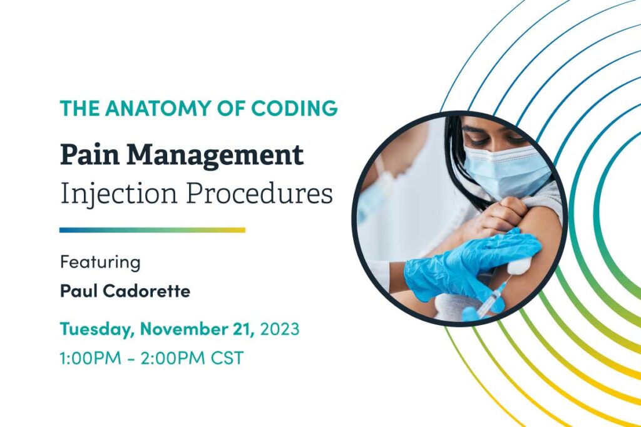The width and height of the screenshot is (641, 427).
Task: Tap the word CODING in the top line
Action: coord(294,108)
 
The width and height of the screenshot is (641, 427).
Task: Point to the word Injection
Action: coord(119,194)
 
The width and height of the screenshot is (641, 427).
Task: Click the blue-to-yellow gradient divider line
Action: coord(153,230)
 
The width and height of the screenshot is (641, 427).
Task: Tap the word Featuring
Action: coord(100,263)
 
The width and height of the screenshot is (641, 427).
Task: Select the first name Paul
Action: coord(79,291)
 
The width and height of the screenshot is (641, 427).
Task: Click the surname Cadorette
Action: coord(146,291)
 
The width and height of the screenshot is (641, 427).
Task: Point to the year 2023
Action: coord(280,329)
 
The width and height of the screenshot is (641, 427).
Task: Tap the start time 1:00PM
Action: coord(90,358)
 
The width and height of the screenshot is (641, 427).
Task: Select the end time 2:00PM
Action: coord(172,358)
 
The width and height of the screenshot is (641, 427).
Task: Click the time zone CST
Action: coord(227,358)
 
